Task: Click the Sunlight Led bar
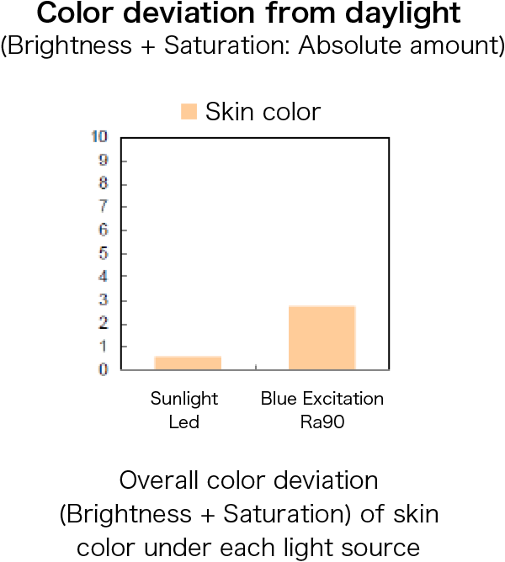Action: pos(188,363)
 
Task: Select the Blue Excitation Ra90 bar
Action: pos(322,337)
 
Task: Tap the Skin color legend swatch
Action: pos(189,111)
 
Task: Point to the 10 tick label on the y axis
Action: pos(99,136)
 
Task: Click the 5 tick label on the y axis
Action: pos(104,253)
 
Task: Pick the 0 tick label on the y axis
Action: pos(104,369)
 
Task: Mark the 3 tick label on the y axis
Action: pos(104,300)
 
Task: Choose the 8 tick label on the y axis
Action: pos(104,183)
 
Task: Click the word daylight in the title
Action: pos(403,14)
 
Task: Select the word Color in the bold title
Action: pos(75,13)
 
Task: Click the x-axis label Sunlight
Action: pos(184,400)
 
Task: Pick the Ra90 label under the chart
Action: pos(322,421)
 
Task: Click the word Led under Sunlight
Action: pos(184,421)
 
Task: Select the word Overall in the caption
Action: pos(159,480)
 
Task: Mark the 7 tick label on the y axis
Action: pos(104,206)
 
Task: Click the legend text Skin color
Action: pos(263,112)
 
